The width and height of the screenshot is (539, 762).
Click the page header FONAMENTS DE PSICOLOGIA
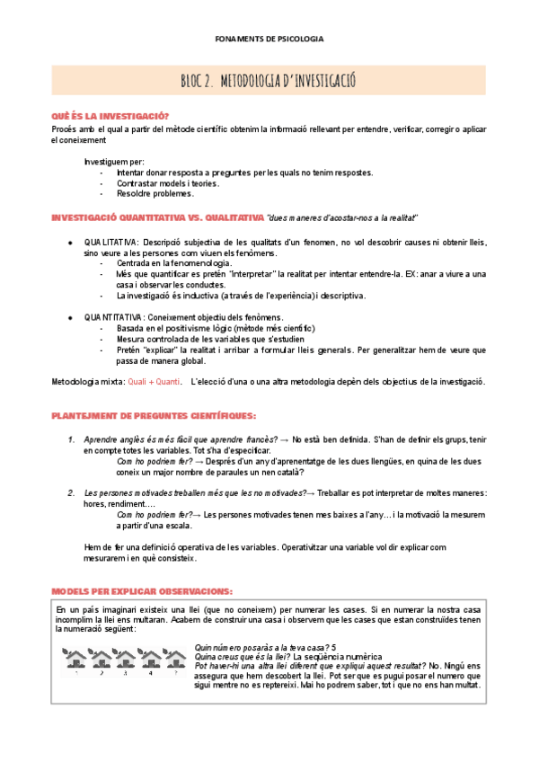(x=269, y=40)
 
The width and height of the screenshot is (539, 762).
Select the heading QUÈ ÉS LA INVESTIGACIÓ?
(x=110, y=116)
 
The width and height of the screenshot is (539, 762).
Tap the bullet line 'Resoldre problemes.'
(x=155, y=193)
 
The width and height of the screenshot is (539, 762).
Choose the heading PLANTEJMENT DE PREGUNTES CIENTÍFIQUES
(x=154, y=415)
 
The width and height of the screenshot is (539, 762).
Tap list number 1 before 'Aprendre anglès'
(x=72, y=439)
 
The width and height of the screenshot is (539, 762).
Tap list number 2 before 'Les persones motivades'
(x=72, y=492)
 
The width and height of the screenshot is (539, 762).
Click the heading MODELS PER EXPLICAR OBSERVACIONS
(x=142, y=591)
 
